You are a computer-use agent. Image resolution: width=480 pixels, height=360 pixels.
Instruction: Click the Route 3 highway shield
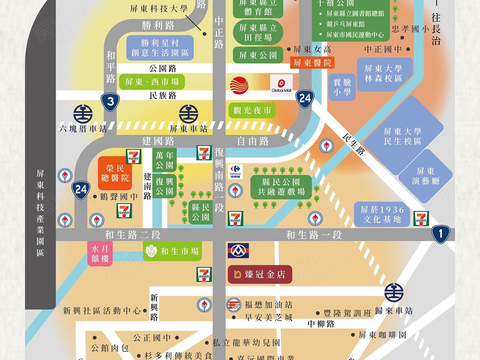click(110, 102)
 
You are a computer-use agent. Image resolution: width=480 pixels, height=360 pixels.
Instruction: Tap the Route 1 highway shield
click(441, 234)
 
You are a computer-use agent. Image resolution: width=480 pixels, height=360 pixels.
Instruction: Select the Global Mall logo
click(281, 86)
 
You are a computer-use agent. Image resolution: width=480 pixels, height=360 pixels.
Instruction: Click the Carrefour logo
click(235, 172)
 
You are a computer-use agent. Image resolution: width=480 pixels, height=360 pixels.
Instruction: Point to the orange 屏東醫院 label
click(312, 63)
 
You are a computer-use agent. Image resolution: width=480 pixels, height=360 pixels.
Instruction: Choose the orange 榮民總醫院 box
click(115, 173)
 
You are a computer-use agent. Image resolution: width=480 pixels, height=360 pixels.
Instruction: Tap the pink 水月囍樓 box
click(100, 254)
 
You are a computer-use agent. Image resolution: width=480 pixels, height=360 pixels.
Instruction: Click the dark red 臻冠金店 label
click(260, 274)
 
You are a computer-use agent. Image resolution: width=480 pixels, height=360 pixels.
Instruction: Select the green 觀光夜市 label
click(252, 110)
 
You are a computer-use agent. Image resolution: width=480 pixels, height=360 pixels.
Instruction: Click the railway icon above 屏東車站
click(188, 114)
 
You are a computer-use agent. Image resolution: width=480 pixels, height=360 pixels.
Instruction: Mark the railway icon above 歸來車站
click(394, 293)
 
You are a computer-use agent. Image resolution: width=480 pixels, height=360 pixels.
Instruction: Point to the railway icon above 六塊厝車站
click(83, 114)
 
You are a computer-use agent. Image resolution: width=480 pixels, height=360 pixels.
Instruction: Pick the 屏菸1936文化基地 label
click(382, 214)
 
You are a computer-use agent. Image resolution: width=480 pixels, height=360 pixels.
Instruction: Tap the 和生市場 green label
click(172, 252)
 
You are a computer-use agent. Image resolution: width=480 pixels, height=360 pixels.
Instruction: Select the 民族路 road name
click(162, 96)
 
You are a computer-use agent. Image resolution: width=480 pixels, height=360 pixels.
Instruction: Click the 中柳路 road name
click(321, 324)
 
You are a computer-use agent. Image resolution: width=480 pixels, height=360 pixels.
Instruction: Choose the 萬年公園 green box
click(164, 160)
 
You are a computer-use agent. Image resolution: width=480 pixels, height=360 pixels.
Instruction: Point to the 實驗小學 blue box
click(342, 87)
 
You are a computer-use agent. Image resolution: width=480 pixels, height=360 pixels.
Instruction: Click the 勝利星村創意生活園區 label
click(160, 48)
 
